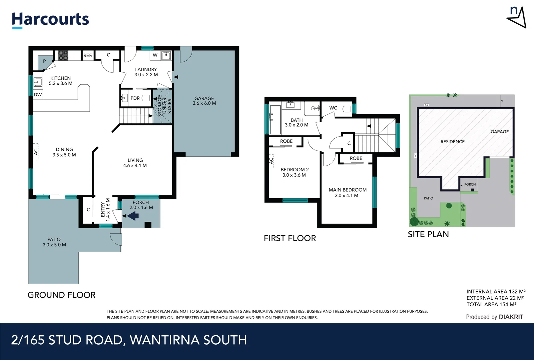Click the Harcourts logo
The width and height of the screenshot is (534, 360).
[x=50, y=20]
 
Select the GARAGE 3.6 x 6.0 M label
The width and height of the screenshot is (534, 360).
[x=204, y=101]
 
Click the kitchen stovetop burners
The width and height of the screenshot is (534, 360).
[x=63, y=55]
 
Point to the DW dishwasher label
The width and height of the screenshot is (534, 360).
[x=38, y=95]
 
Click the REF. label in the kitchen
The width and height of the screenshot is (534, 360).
[x=88, y=55]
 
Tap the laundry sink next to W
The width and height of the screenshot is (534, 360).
[x=166, y=55]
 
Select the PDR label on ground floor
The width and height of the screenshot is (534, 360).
[x=135, y=98]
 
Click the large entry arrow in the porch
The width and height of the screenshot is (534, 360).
[x=133, y=216]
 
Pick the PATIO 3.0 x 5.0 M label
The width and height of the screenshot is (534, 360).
[x=54, y=242]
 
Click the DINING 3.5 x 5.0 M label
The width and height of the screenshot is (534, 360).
[x=64, y=152]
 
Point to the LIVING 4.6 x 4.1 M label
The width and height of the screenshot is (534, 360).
[x=135, y=163]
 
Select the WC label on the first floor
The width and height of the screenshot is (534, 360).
[x=333, y=108]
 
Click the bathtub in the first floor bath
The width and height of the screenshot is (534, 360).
[x=275, y=119]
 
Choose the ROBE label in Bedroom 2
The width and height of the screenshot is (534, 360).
[x=286, y=141]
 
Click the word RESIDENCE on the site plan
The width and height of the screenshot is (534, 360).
[x=452, y=142]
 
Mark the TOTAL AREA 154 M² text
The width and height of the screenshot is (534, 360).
[x=491, y=304]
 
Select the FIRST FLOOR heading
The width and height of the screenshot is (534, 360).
[x=290, y=238]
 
